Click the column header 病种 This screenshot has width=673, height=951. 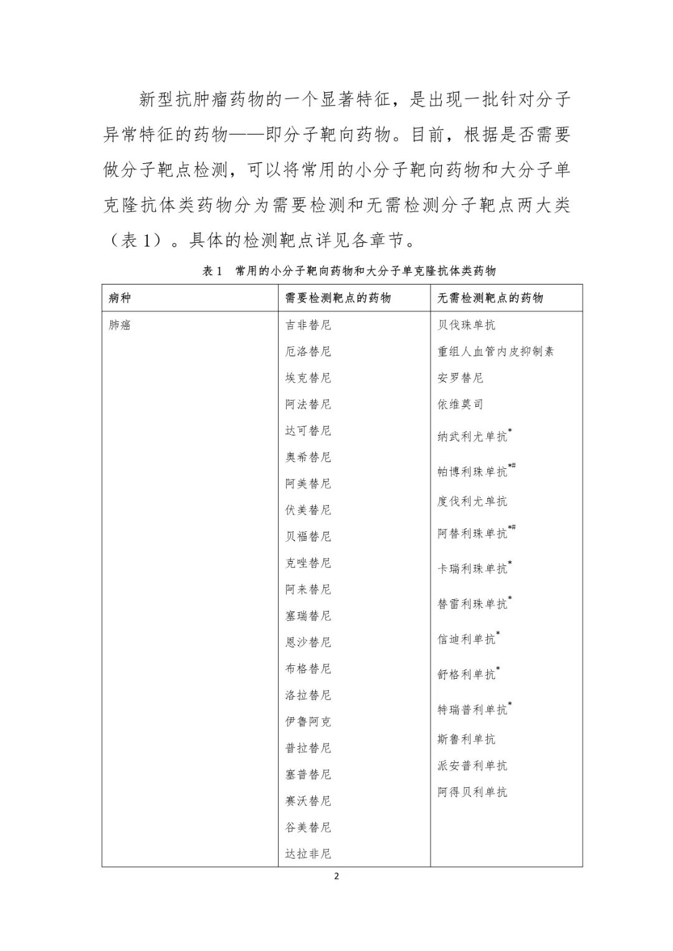[120, 298]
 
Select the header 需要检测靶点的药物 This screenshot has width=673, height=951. [338, 298]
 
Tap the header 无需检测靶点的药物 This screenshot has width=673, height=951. [490, 298]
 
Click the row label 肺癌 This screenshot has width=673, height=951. [120, 325]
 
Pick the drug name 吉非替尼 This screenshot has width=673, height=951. [308, 325]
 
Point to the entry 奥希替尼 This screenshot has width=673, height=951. [308, 457]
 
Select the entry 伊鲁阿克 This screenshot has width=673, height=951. [308, 722]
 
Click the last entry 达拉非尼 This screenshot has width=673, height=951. [308, 854]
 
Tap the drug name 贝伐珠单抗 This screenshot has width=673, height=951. [466, 325]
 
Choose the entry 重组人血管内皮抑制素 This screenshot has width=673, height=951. [495, 351]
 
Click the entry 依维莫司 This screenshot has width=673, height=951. [460, 404]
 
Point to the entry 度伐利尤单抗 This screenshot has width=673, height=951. [472, 501]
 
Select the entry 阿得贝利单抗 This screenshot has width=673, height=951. [472, 792]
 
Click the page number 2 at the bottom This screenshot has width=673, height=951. [336, 877]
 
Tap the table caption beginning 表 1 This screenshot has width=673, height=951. [349, 271]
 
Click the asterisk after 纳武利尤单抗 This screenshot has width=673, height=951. [510, 431]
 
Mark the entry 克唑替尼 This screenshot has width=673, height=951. [308, 563]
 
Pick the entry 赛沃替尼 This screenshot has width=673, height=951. [308, 801]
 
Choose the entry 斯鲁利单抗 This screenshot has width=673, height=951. [466, 739]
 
